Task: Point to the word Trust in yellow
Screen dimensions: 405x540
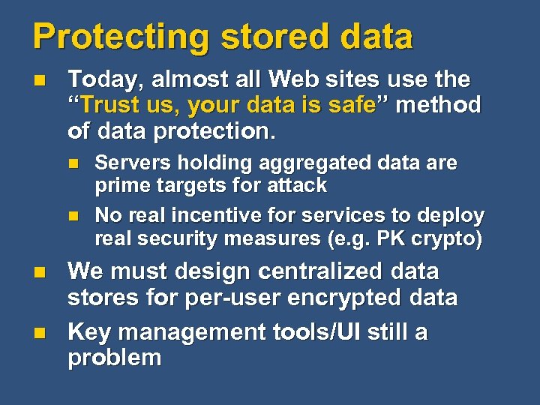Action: point(108,106)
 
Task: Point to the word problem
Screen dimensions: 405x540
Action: point(114,358)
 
